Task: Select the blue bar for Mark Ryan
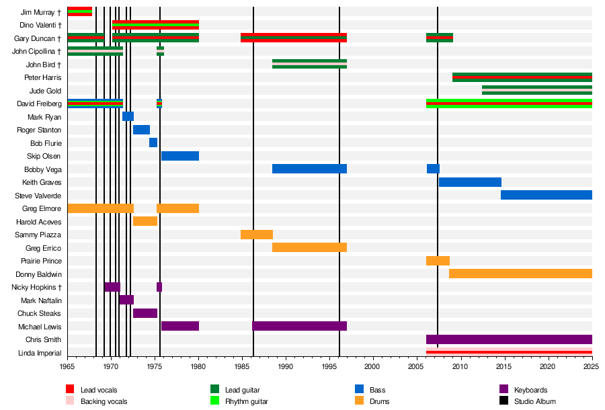coord(128,116)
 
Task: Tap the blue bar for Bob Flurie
coord(153,142)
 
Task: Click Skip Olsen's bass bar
coord(180,156)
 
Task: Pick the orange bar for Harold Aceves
coord(145,221)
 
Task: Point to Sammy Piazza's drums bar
coord(257,235)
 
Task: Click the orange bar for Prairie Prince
coord(438,261)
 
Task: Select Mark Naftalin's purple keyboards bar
coord(126,300)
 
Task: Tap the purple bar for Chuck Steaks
coord(145,313)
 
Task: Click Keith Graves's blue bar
coord(471,182)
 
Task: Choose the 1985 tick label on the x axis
coord(242,366)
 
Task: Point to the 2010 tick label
coord(460,366)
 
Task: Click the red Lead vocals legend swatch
coord(70,388)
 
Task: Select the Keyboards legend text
coord(530,390)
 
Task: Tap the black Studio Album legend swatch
coord(503,401)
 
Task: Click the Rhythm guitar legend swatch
coord(214,401)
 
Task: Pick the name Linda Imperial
coord(40,353)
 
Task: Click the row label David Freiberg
coord(39,104)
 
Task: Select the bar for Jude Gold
coord(537,90)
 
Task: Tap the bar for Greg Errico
coord(309,247)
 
